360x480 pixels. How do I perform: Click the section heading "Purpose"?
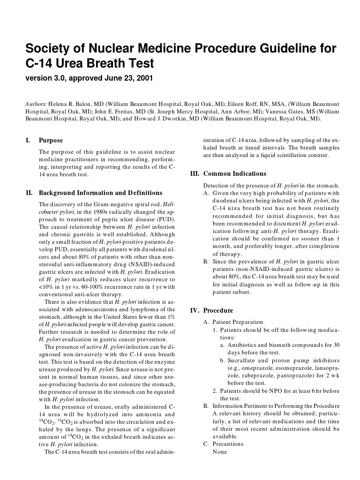(51, 140)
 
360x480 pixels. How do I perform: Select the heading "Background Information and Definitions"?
(100, 193)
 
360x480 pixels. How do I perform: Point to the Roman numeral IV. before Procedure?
(195, 310)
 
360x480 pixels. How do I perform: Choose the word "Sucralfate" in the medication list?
(241, 360)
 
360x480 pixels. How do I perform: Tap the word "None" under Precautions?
(220, 451)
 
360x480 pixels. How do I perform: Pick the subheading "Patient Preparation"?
(238, 322)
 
